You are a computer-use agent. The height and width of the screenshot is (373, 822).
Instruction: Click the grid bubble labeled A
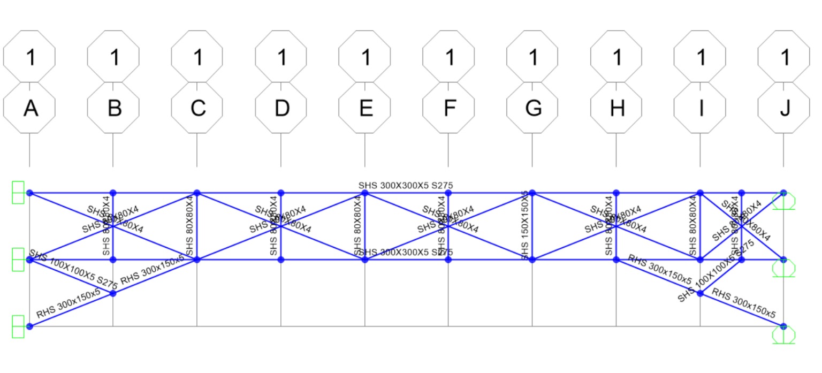click(29, 108)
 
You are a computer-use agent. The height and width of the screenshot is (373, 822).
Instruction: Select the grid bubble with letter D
click(281, 108)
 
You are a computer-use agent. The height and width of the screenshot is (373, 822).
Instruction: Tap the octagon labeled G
click(532, 108)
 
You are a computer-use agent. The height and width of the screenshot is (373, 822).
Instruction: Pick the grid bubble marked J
click(784, 108)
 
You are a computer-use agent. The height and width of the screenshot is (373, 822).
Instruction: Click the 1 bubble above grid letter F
click(448, 57)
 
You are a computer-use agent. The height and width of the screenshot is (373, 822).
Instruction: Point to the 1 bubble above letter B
click(113, 57)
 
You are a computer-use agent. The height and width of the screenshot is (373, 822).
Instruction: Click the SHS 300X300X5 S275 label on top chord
click(406, 186)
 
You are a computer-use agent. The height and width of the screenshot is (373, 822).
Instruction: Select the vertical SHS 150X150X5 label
click(525, 226)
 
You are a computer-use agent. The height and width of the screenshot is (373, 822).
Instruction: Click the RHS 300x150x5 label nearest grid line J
click(744, 304)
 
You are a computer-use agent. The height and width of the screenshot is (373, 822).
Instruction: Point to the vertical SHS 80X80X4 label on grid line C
click(189, 226)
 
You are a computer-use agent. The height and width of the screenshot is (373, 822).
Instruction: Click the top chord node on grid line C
click(197, 193)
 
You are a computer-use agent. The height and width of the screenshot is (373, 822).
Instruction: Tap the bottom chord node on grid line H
click(616, 260)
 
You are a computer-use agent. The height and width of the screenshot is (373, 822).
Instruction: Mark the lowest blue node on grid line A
click(30, 326)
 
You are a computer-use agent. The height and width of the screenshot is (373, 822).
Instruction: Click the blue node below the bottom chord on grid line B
click(113, 293)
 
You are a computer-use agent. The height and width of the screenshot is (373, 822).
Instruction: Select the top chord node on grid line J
click(783, 193)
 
